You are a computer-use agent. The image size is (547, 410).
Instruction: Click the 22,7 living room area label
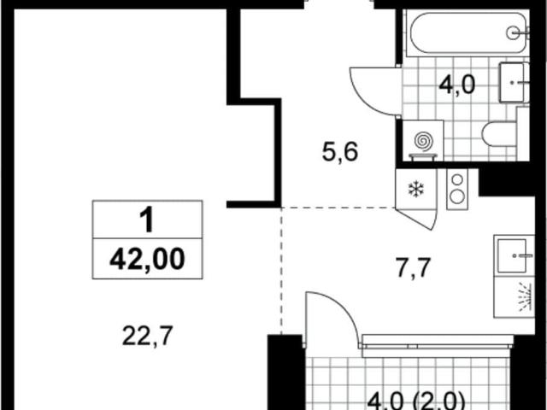148,336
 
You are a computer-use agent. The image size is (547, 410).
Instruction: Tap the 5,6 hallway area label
340,152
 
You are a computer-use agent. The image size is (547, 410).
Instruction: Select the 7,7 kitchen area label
414,267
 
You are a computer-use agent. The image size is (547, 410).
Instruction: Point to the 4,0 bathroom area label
457,85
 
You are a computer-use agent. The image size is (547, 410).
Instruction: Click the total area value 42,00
147,259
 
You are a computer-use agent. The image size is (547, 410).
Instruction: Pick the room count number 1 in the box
147,220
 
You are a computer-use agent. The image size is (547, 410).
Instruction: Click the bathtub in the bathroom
469,33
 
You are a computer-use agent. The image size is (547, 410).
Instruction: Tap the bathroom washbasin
514,83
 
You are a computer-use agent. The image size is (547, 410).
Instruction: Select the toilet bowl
499,134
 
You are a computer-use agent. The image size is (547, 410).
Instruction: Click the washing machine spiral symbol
424,141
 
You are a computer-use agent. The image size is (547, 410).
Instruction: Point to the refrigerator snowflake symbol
416,190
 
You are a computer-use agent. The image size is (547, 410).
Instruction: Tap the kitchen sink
512,256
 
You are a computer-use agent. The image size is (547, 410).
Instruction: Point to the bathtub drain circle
513,33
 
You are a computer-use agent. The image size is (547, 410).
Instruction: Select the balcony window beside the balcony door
438,346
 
